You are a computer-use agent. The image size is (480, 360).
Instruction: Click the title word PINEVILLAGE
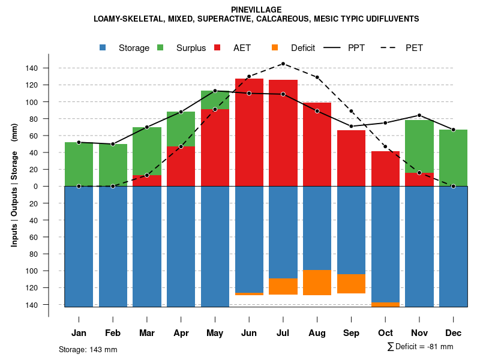coord(256,10)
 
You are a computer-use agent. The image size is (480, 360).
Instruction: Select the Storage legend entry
coord(134,48)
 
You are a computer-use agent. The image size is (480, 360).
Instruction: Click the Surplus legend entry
coord(191,48)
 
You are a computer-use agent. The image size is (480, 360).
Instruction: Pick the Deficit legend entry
coord(302,48)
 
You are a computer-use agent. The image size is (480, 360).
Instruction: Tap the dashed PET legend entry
coord(414,48)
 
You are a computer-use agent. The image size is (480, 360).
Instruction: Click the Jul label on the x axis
coord(283,333)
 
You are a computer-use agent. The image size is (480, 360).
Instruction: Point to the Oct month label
coord(385,333)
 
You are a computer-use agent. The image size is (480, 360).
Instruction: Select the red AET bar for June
coord(249,132)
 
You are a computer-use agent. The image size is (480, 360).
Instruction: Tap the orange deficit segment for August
coord(317,283)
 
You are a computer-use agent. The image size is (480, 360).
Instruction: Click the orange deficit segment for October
coord(385,304)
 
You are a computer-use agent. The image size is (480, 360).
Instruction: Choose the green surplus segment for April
coord(181,129)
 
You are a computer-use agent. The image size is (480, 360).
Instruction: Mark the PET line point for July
coord(283,64)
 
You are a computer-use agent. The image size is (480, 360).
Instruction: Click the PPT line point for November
coord(419,115)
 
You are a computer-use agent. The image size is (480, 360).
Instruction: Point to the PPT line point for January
coord(79,142)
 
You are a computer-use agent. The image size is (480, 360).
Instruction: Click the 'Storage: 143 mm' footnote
coord(88,349)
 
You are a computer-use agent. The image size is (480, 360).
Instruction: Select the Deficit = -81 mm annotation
coord(421,347)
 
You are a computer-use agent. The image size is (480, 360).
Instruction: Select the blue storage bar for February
coord(113,246)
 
